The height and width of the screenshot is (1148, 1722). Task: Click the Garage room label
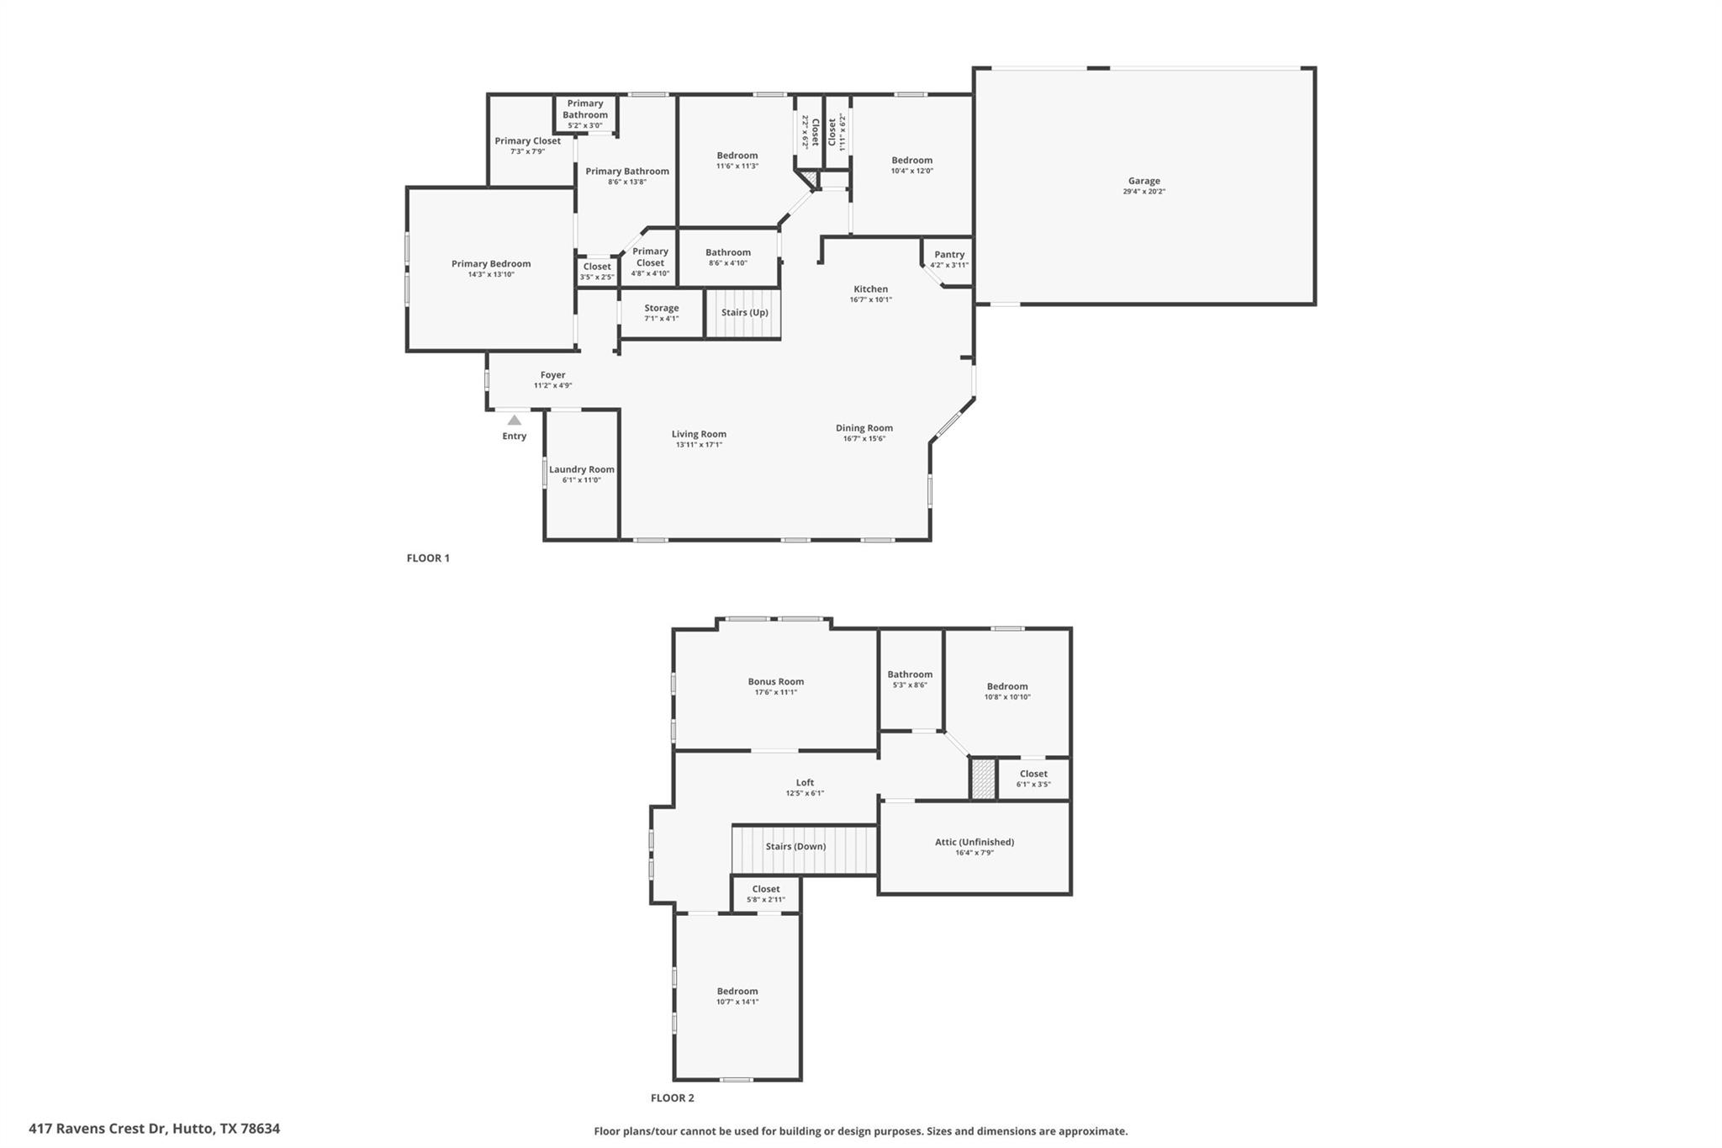point(1144,181)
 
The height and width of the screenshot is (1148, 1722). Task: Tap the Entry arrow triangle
point(514,420)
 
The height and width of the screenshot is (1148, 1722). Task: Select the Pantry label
point(949,255)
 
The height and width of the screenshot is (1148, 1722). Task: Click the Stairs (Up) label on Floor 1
point(744,313)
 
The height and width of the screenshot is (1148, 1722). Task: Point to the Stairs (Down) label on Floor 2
point(795,847)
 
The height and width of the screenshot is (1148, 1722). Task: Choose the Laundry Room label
point(582,470)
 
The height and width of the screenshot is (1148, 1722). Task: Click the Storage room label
point(662,309)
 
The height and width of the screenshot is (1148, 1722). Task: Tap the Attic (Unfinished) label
point(975,842)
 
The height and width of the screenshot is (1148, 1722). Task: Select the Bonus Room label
point(776,682)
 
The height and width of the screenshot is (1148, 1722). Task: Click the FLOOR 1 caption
point(428,558)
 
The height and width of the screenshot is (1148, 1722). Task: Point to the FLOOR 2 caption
point(673,1098)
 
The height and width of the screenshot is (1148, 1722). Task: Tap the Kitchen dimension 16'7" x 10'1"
point(870,300)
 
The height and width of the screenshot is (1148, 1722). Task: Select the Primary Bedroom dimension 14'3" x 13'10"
point(491,274)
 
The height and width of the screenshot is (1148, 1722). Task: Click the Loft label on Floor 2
point(805,783)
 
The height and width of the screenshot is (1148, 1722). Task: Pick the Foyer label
point(552,376)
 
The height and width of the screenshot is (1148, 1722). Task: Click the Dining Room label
point(864,428)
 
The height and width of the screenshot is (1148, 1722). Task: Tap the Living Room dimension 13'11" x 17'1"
point(699,445)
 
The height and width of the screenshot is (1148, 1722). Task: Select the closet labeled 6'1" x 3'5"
point(1033,779)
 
